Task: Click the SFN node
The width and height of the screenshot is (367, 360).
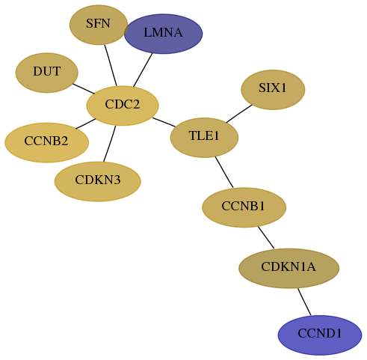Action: [x=99, y=25]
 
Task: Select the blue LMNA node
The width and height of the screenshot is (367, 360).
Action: [x=163, y=34]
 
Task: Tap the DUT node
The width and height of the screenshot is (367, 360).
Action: [x=47, y=73]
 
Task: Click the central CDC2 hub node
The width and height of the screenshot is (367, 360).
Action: [x=123, y=106]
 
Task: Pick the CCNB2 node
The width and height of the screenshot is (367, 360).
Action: [x=46, y=142]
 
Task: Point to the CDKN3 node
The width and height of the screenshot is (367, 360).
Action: [x=98, y=181]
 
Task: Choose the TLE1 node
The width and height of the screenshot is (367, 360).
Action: [x=204, y=138]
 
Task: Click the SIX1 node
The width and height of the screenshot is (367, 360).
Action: [x=273, y=90]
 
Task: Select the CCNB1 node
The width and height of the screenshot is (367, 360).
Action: [x=244, y=207]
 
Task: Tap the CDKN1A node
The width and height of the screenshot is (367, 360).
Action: [x=289, y=268]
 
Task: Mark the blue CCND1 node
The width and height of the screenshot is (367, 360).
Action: [x=320, y=335]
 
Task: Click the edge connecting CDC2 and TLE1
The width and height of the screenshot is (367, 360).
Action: [x=164, y=122]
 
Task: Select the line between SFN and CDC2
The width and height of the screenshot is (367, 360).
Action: [x=111, y=65]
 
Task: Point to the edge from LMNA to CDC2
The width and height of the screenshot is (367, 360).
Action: [x=143, y=70]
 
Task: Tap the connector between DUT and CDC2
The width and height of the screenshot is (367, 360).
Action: [x=84, y=89]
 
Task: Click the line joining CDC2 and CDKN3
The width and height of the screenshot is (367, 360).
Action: [x=110, y=144]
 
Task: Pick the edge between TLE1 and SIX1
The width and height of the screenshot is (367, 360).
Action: [x=239, y=114]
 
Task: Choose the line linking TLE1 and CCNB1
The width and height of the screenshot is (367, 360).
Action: [x=224, y=172]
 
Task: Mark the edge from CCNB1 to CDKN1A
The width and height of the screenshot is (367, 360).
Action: [x=266, y=237]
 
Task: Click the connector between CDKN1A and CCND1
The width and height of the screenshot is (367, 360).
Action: [x=304, y=302]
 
